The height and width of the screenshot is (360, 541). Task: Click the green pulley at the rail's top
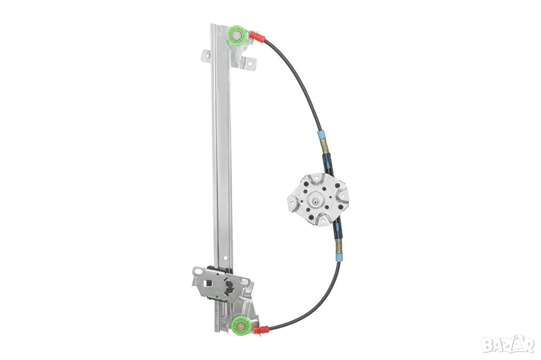click(x=237, y=35)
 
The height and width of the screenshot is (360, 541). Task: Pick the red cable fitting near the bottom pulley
click(x=261, y=330)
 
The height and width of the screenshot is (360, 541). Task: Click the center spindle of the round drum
click(x=315, y=200)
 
